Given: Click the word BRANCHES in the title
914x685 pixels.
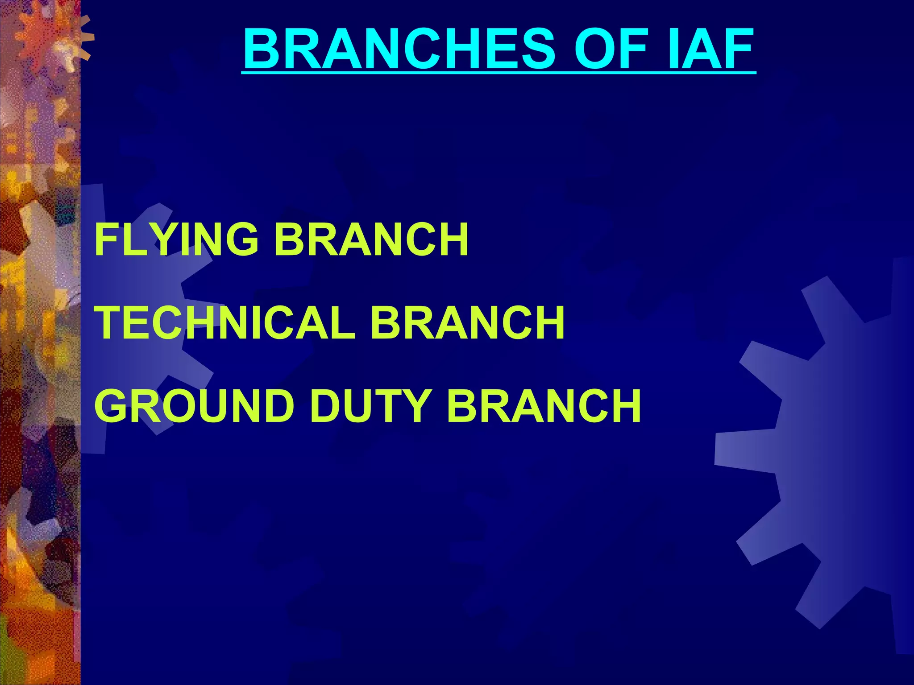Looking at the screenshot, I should (399, 49).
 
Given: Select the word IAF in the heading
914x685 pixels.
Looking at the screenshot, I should (710, 49).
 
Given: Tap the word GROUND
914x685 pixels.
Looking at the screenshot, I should (195, 405).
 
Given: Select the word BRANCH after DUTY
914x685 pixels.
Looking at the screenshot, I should (544, 405).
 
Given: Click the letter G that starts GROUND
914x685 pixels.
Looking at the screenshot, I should (114, 405).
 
